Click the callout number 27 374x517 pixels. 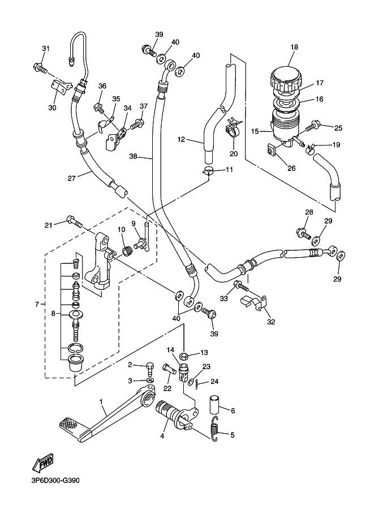(x=72, y=178)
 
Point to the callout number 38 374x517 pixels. (x=134, y=157)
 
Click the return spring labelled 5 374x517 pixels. (x=215, y=427)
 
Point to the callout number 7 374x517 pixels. (x=37, y=304)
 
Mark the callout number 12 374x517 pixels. (x=182, y=139)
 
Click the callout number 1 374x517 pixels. (x=102, y=403)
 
